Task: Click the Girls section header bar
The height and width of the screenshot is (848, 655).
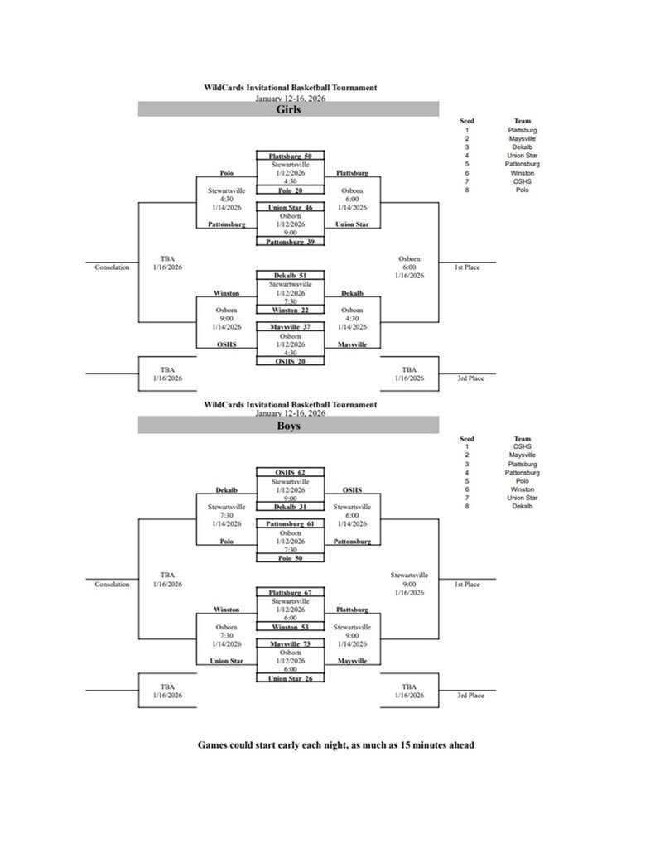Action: point(287,109)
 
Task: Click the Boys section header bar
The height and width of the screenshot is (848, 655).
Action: point(287,426)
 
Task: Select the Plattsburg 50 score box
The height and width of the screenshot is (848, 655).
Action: point(289,156)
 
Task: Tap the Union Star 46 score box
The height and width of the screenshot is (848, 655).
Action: point(289,207)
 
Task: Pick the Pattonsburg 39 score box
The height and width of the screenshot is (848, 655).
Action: point(289,242)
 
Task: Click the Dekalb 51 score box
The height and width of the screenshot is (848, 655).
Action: point(289,275)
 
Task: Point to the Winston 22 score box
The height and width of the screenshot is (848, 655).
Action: point(289,310)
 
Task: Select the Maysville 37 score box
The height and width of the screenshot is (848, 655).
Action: point(289,327)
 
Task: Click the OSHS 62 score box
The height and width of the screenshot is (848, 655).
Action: point(289,472)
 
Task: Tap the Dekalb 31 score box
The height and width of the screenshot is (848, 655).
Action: point(289,507)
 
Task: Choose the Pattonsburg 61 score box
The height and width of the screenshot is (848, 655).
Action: point(289,524)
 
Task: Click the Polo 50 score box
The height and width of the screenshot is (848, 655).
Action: point(289,559)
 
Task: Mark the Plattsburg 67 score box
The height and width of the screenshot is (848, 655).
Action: point(289,593)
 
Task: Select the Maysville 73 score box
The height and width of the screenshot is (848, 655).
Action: point(289,643)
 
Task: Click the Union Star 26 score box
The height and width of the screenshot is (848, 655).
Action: point(289,678)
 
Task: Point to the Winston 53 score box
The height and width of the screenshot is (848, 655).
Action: point(289,628)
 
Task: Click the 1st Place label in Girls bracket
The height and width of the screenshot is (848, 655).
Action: point(467,267)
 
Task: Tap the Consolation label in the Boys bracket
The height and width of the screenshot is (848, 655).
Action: point(112,585)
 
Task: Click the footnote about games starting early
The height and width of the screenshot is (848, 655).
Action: point(335,744)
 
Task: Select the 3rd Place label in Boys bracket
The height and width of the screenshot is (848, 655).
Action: point(470,696)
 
